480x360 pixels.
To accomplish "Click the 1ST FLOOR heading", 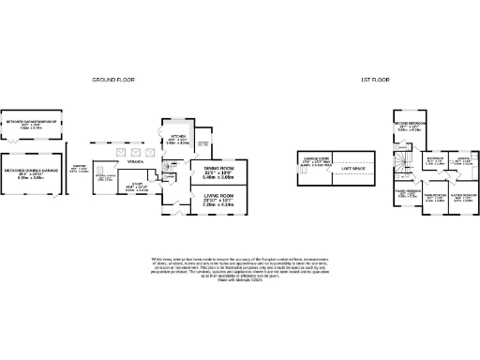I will (x=375, y=81).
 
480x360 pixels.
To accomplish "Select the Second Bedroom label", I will (x=411, y=126).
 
